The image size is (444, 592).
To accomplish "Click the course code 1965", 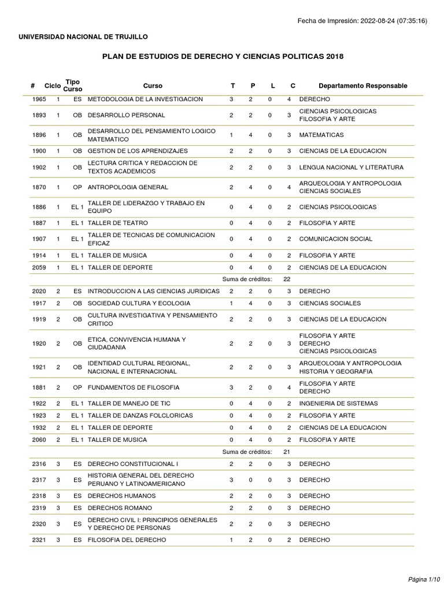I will [39, 99].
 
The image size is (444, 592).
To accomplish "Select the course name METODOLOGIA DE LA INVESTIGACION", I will [145, 99].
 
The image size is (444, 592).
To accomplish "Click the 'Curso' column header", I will [153, 86].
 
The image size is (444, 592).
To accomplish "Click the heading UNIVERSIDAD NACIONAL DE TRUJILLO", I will [83, 37].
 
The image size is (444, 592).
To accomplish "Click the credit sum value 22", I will [287, 279].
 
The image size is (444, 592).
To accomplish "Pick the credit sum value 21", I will [287, 452].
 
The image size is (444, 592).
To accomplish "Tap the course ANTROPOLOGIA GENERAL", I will [128, 187].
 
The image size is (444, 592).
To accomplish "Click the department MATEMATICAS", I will [321, 135].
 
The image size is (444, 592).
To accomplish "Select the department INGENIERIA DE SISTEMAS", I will [338, 404].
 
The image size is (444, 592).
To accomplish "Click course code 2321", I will [39, 540].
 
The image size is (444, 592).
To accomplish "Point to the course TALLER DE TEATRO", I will [117, 223].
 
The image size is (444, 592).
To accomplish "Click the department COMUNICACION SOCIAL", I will [336, 239].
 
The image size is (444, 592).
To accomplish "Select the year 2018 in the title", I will [335, 57].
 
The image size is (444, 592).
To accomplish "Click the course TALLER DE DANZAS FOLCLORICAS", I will [140, 416].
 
